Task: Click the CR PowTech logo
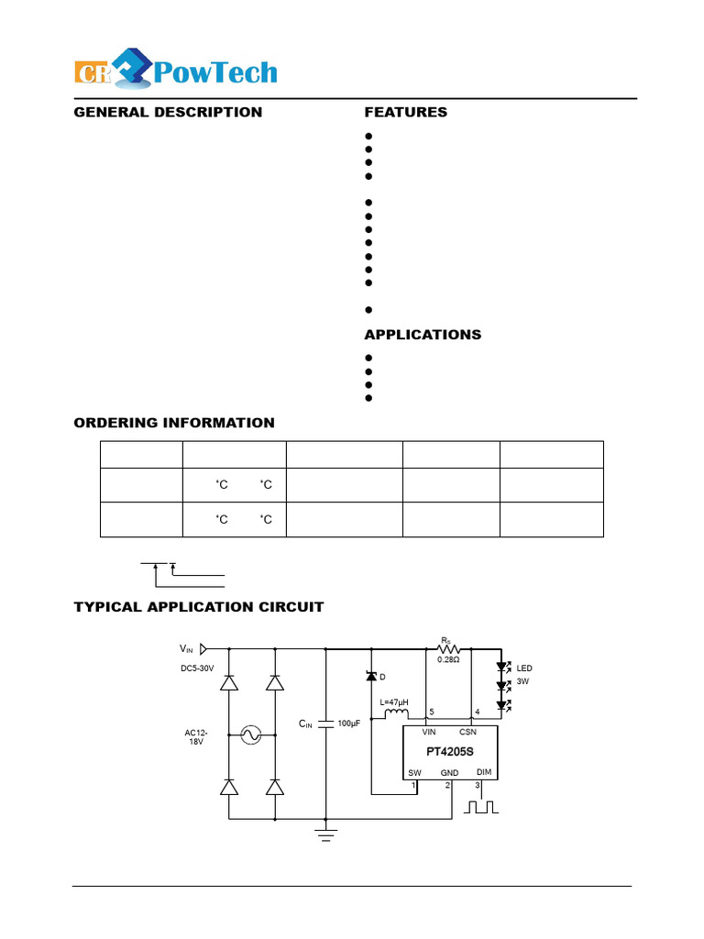175,72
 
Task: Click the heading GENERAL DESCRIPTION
168,112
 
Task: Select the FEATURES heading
406,112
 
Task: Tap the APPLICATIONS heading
423,335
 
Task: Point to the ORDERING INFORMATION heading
174,423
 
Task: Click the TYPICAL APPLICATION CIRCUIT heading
199,607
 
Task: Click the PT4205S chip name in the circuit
450,752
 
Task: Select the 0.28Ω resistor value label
448,659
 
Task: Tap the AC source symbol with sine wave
249,735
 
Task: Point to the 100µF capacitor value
349,724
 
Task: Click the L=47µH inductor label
394,702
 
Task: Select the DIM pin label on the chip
484,772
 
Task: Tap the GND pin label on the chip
449,773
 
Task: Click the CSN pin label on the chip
467,732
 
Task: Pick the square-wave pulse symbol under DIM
481,807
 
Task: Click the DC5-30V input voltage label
197,668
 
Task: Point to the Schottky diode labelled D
370,677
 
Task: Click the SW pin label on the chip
415,773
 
